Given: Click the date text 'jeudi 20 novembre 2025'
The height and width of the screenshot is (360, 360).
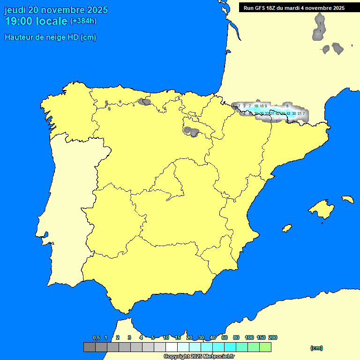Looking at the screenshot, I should click(56, 10).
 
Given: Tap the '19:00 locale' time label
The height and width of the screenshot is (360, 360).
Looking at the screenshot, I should click(36, 21).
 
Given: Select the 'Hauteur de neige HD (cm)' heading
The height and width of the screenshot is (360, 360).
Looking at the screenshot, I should click(50, 37).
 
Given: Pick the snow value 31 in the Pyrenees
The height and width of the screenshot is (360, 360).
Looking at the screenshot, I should click(272, 113).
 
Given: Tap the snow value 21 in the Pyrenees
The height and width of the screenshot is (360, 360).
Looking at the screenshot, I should click(299, 113).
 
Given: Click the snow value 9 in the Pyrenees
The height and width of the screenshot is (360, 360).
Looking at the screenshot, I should click(266, 106).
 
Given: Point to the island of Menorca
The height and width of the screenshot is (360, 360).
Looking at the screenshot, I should click(347, 199).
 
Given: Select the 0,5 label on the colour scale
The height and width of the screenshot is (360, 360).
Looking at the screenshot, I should click(96, 337).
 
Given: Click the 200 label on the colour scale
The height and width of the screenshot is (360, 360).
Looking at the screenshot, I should click(273, 337).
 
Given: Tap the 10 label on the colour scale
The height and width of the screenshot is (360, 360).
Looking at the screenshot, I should click(166, 337).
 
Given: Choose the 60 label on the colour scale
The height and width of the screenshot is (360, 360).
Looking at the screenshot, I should click(225, 337).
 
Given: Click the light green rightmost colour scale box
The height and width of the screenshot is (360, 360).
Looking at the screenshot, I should click(265, 347).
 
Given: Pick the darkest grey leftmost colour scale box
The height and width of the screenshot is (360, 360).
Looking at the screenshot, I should click(89, 347).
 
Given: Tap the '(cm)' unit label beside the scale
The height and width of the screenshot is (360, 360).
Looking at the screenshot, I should click(316, 348).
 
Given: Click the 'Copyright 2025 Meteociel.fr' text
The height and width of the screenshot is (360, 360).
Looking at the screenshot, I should click(199, 356).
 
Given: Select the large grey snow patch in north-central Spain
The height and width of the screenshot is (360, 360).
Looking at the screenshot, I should click(191, 131).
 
